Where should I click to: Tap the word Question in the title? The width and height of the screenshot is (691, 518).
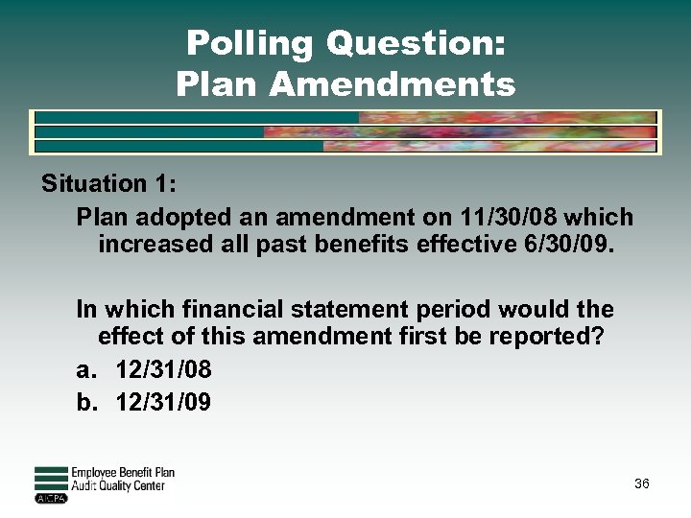pos(415,43)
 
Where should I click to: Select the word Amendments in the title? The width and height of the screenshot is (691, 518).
pos(391,84)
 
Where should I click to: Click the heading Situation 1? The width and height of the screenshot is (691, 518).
pos(103,183)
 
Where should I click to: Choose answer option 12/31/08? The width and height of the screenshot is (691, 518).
pos(163,369)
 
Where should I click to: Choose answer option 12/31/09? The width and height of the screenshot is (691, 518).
pos(163,401)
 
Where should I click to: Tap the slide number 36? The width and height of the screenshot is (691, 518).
pos(642,483)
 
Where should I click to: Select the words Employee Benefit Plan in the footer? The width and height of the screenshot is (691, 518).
pos(123,473)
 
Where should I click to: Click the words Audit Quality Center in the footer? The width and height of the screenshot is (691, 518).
pos(118,485)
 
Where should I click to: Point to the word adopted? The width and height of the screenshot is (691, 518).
pos(170,217)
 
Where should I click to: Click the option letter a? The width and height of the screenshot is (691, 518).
pos(83,369)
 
